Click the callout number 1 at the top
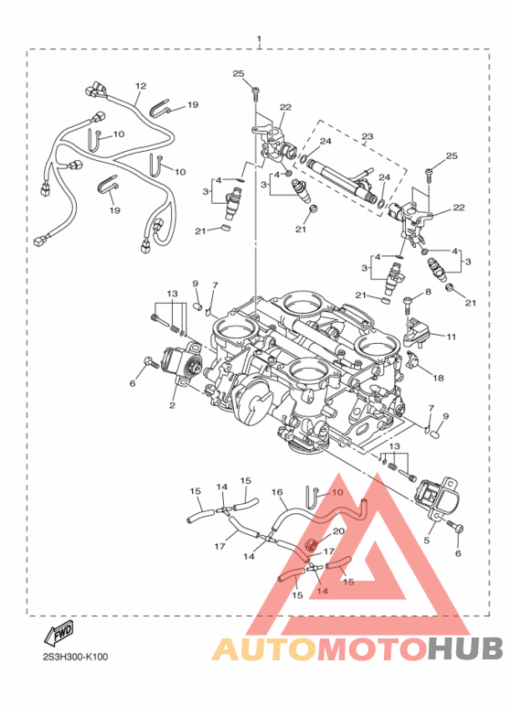click(259, 39)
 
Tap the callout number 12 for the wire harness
click(141, 86)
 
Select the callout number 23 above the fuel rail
click(368, 135)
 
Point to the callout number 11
click(451, 337)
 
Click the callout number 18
click(438, 378)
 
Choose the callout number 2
click(172, 405)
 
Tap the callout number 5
click(426, 540)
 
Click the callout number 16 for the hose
click(277, 492)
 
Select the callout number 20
click(338, 531)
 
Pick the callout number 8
click(428, 292)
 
